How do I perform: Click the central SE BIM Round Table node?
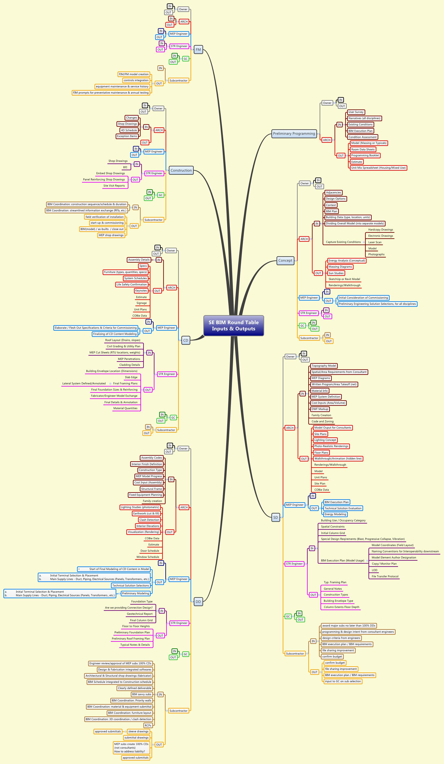coord(234,326)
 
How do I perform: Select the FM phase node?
coord(198,49)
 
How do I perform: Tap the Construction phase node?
coord(181,170)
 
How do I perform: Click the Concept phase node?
coord(285,260)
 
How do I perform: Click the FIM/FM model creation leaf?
coord(134,74)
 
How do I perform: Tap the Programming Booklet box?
coord(365,156)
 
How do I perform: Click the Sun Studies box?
coord(336,273)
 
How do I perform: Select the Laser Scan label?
coord(375,242)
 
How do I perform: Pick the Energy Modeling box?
coord(335,514)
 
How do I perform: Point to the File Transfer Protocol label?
coord(385,576)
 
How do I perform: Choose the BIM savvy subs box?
coord(141,694)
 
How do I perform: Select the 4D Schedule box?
coord(129,130)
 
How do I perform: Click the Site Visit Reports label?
coord(114,186)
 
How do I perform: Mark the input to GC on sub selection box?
coord(343,681)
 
